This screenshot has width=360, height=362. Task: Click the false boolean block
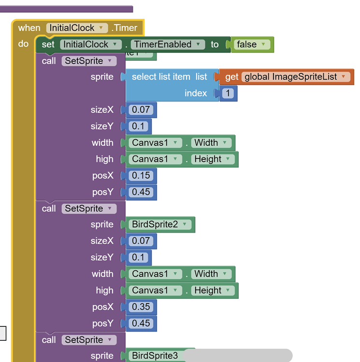click(251, 44)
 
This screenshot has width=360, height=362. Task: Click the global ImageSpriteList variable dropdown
click(296, 77)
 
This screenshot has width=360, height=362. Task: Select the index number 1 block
click(227, 93)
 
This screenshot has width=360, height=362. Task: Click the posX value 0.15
click(141, 175)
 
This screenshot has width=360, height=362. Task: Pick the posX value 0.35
click(141, 306)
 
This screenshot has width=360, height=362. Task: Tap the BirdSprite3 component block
click(155, 356)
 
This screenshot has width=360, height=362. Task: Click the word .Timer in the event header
click(125, 28)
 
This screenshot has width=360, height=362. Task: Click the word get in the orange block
click(232, 77)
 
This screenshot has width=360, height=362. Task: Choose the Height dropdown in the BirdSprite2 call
click(212, 290)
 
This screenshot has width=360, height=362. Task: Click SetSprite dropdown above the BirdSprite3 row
click(88, 340)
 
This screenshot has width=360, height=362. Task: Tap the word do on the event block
click(23, 44)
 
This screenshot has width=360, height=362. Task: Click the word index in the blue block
click(196, 93)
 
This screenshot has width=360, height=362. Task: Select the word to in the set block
click(215, 44)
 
